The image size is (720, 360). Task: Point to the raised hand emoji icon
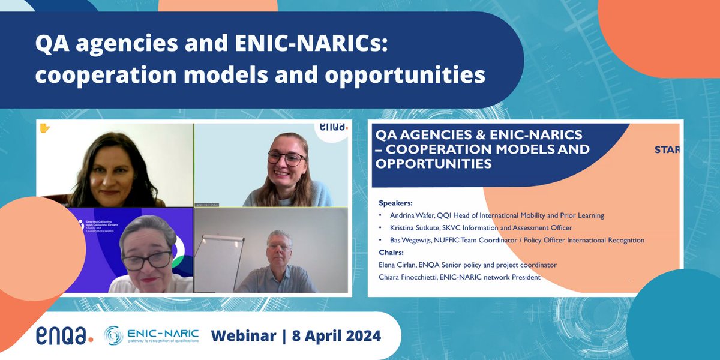click(x=44, y=128)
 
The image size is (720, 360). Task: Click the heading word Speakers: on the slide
click(x=395, y=203)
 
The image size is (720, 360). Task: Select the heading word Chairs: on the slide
click(x=392, y=253)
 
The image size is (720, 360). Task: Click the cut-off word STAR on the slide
click(x=667, y=149)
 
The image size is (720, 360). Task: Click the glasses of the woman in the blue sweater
click(x=286, y=158)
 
